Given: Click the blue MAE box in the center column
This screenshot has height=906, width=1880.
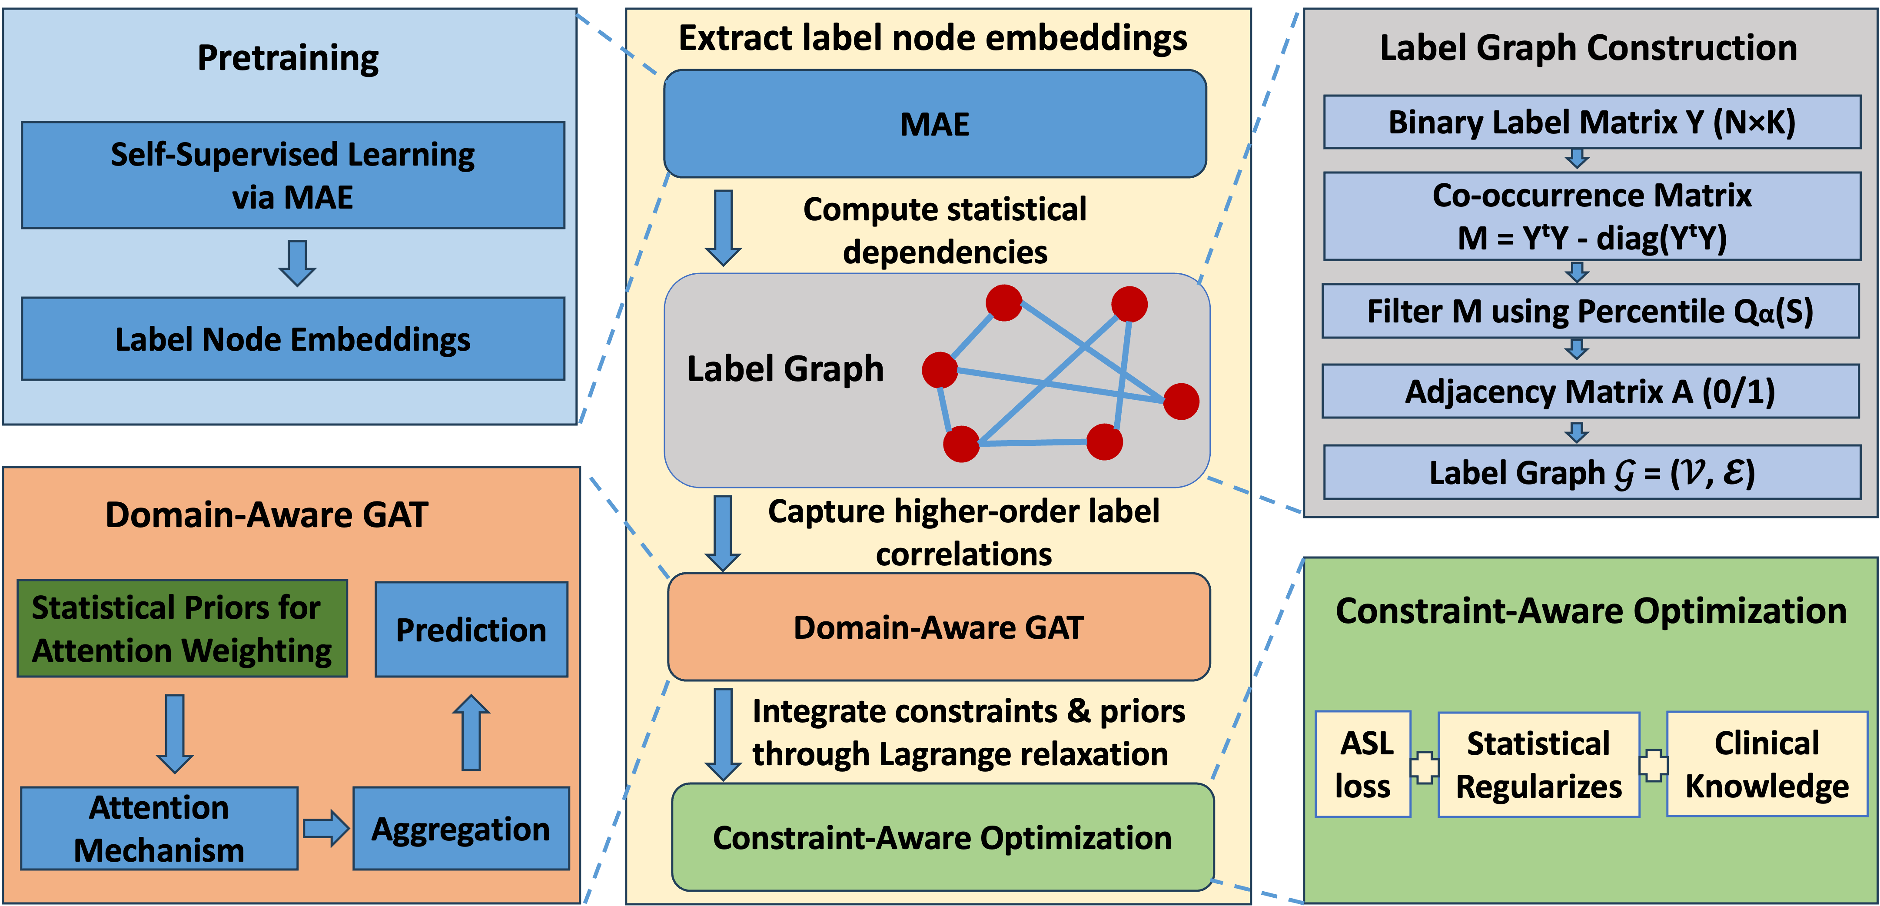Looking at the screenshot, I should click(935, 124).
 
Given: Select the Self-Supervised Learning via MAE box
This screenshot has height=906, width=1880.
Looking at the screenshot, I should click(292, 175).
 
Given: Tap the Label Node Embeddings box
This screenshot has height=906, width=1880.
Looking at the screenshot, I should click(292, 339).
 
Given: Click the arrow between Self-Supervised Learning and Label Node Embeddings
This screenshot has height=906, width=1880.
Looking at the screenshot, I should click(297, 262).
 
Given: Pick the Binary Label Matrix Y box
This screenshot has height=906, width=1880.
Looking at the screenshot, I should click(1592, 122).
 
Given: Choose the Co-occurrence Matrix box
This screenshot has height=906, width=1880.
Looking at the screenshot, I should click(1592, 216).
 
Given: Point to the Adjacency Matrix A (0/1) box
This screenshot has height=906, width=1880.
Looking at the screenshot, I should click(1590, 392).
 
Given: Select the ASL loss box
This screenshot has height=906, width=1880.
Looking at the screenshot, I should click(1362, 764).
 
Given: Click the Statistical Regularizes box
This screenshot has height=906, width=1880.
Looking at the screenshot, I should click(1538, 764).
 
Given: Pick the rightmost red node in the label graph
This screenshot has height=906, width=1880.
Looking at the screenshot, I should click(1181, 401).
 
